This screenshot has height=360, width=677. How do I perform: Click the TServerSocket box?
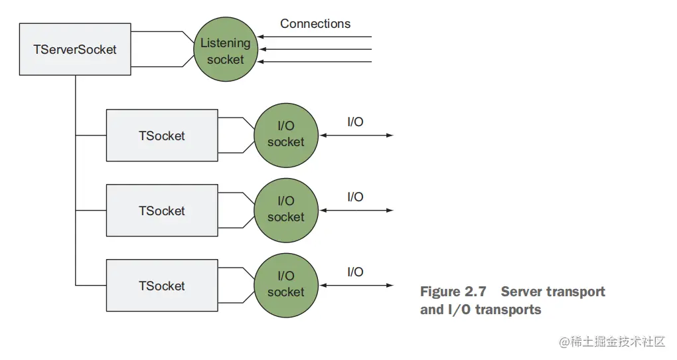[x=75, y=50]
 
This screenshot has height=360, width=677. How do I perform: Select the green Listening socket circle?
[x=226, y=51]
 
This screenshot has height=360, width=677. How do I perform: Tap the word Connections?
[x=315, y=24]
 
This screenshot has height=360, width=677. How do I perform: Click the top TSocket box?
[x=162, y=135]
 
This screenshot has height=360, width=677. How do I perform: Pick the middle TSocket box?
[x=162, y=211]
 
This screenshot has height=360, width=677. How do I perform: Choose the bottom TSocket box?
[x=162, y=286]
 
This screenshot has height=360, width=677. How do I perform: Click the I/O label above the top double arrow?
[x=355, y=122]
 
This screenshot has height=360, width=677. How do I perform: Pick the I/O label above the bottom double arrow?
[x=355, y=272]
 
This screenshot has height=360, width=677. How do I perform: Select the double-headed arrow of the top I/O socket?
[x=356, y=135]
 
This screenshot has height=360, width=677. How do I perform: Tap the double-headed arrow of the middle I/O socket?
[x=356, y=211]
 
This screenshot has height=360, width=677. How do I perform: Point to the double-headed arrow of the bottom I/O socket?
[x=356, y=286]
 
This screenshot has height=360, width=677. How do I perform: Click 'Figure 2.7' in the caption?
[x=453, y=292]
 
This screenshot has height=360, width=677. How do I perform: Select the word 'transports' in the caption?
[x=508, y=310]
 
